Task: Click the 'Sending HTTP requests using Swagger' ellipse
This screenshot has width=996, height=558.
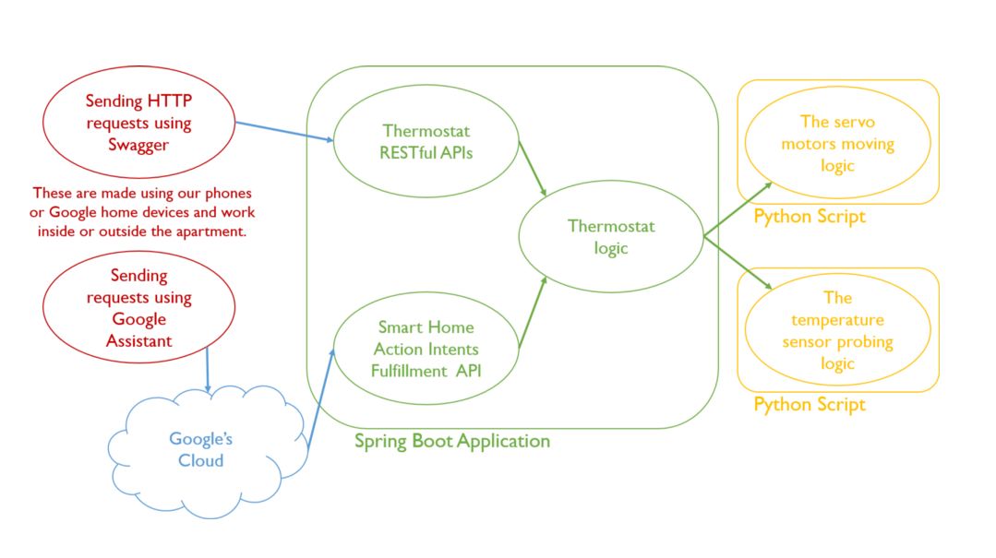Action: [x=138, y=123]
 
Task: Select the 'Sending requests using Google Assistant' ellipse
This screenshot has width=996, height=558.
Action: [x=138, y=308]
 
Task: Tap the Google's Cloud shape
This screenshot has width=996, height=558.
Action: [x=200, y=449]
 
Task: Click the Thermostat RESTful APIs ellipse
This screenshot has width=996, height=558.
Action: [x=426, y=142]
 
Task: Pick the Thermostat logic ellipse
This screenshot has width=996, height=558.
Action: [x=610, y=237]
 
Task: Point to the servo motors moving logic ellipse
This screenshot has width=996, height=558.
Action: [x=837, y=143]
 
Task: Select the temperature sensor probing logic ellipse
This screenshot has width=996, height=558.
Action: [x=837, y=330]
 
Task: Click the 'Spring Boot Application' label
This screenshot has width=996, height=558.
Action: [x=451, y=441]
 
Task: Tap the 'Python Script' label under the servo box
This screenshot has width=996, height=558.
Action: [x=810, y=217]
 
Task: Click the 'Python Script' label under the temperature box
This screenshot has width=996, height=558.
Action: [x=810, y=404]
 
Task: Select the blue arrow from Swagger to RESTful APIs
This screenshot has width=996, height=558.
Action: [x=284, y=131]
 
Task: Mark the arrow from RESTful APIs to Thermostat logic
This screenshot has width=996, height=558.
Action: [x=533, y=168]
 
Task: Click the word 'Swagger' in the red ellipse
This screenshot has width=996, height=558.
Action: [x=138, y=145]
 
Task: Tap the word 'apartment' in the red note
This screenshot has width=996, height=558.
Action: [x=213, y=232]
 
